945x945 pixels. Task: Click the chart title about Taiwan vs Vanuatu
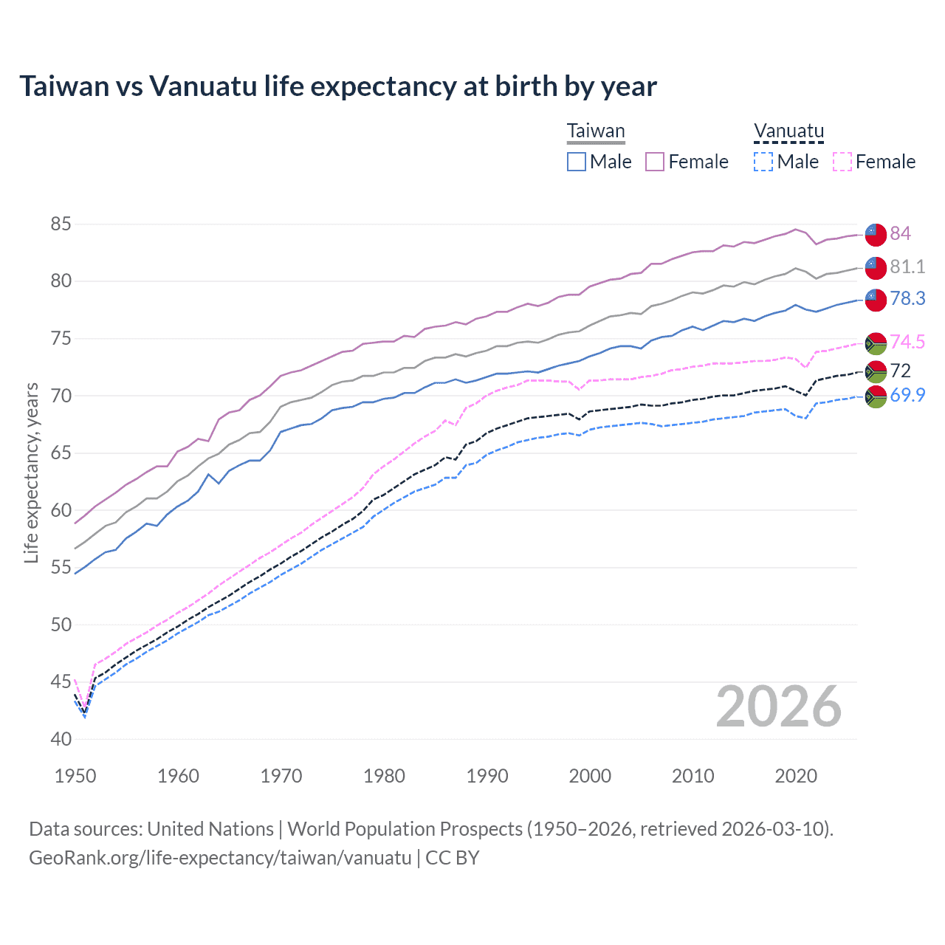pos(337,86)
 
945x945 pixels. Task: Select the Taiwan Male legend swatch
pos(577,162)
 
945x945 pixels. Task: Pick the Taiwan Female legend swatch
pos(655,162)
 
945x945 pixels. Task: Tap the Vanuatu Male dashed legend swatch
pos(763,162)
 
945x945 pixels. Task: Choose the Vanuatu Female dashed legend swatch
pos(842,162)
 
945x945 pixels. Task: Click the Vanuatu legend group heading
pos(788,131)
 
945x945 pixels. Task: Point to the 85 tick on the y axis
pos(61,224)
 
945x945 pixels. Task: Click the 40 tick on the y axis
pos(61,739)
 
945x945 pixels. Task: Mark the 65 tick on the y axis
pos(61,453)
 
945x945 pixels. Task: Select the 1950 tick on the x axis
pos(75,776)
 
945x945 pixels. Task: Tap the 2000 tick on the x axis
pos(590,776)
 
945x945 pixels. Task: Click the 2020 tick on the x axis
pos(796,776)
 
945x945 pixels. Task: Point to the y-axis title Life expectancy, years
pos(31,472)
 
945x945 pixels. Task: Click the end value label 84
pos(900,233)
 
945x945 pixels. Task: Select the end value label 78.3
pos(907,298)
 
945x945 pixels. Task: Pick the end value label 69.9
pos(907,395)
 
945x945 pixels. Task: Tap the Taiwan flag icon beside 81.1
pos(876,267)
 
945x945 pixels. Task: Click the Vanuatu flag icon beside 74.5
pos(876,343)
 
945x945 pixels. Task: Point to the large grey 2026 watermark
pos(779,707)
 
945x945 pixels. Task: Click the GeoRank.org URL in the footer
pos(220,858)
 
